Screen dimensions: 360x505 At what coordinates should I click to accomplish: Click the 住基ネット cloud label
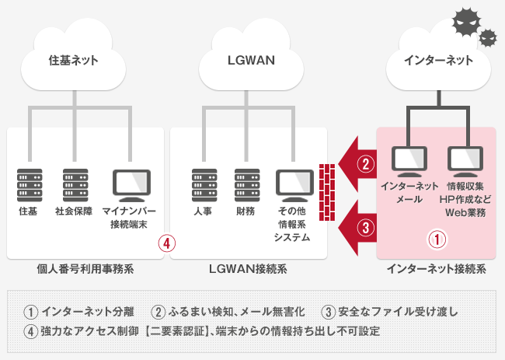pyautogui.click(x=74, y=58)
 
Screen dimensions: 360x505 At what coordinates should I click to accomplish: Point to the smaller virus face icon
pyautogui.click(x=488, y=36)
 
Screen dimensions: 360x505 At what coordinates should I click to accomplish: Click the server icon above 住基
pyautogui.click(x=28, y=185)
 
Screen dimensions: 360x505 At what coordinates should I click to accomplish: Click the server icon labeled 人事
pyautogui.click(x=204, y=185)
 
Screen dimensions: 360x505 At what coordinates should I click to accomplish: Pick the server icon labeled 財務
pyautogui.click(x=247, y=185)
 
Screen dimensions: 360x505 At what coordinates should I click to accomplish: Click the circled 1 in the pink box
pyautogui.click(x=439, y=239)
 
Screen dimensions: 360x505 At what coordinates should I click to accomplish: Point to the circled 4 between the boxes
pyautogui.click(x=166, y=241)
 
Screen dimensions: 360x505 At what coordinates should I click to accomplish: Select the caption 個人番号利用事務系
pyautogui.click(x=85, y=270)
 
